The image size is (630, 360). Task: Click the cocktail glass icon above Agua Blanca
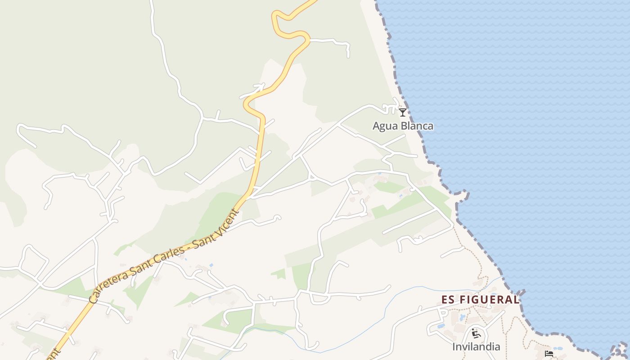(403, 112)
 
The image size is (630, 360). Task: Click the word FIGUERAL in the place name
(489, 300)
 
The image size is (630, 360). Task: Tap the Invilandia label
(476, 347)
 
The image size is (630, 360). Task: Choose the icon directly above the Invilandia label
(476, 334)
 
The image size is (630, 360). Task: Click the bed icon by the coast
(549, 354)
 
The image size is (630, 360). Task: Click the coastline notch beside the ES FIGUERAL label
(522, 293)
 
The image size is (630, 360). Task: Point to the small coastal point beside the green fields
(463, 195)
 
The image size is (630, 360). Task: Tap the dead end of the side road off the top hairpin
(348, 56)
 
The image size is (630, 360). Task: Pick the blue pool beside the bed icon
(558, 349)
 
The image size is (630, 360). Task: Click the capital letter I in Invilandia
(454, 347)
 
